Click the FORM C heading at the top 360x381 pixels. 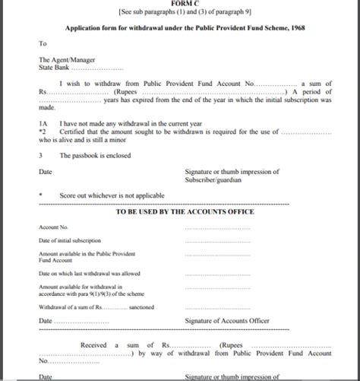coord(180,3)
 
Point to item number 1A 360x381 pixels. coord(43,122)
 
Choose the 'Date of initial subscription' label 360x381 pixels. coord(75,241)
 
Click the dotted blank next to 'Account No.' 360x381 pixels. coord(216,227)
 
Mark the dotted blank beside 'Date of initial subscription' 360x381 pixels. coord(216,241)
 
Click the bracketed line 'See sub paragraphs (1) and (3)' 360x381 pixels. coord(179,11)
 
